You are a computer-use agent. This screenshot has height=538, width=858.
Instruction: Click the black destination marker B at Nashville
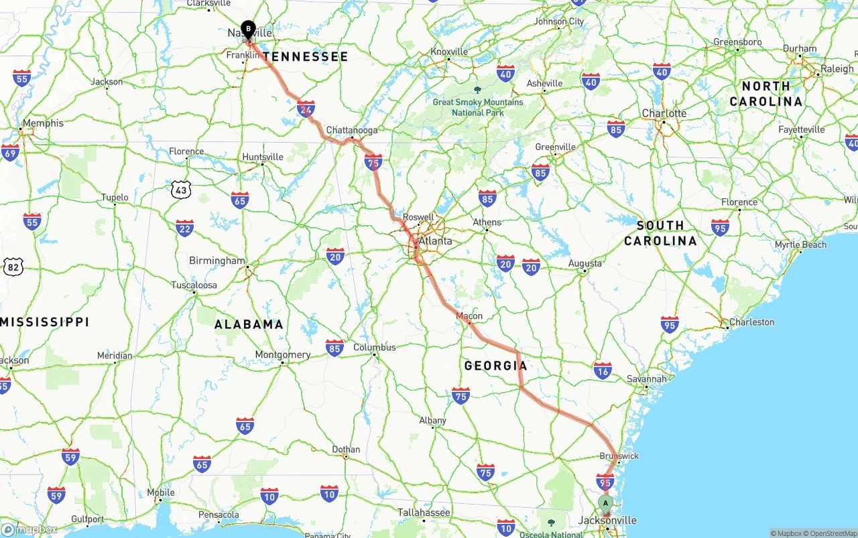[x=249, y=29]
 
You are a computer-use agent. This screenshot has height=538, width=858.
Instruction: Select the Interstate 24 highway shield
[x=306, y=108]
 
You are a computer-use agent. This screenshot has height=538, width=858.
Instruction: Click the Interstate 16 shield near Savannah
[x=603, y=371]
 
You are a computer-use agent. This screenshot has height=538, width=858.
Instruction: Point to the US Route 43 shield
[x=180, y=190]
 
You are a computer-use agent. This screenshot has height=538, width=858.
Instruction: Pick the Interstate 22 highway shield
[x=185, y=228]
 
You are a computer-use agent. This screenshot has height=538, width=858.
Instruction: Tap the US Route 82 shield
[x=13, y=267]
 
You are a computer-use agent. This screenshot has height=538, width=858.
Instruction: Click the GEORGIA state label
[x=495, y=366]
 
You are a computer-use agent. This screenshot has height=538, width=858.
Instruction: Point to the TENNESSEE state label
[x=306, y=57]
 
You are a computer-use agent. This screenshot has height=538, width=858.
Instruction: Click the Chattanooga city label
[x=352, y=130]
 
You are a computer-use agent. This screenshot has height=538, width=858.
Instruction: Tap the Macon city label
[x=469, y=316]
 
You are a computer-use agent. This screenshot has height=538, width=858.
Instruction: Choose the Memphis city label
[x=43, y=123]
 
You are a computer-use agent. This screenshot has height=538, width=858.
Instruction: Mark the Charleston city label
[x=751, y=322]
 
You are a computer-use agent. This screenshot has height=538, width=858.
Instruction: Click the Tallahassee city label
[x=424, y=513]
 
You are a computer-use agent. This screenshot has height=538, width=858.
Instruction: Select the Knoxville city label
[x=449, y=52]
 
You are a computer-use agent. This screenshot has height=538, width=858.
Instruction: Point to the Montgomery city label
[x=283, y=355]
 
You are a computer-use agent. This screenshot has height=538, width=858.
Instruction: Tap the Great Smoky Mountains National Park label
[x=478, y=107]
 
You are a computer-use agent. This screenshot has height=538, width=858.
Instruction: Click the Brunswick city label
[x=619, y=456]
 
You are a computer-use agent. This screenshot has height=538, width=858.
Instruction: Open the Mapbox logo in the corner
[x=29, y=530]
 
